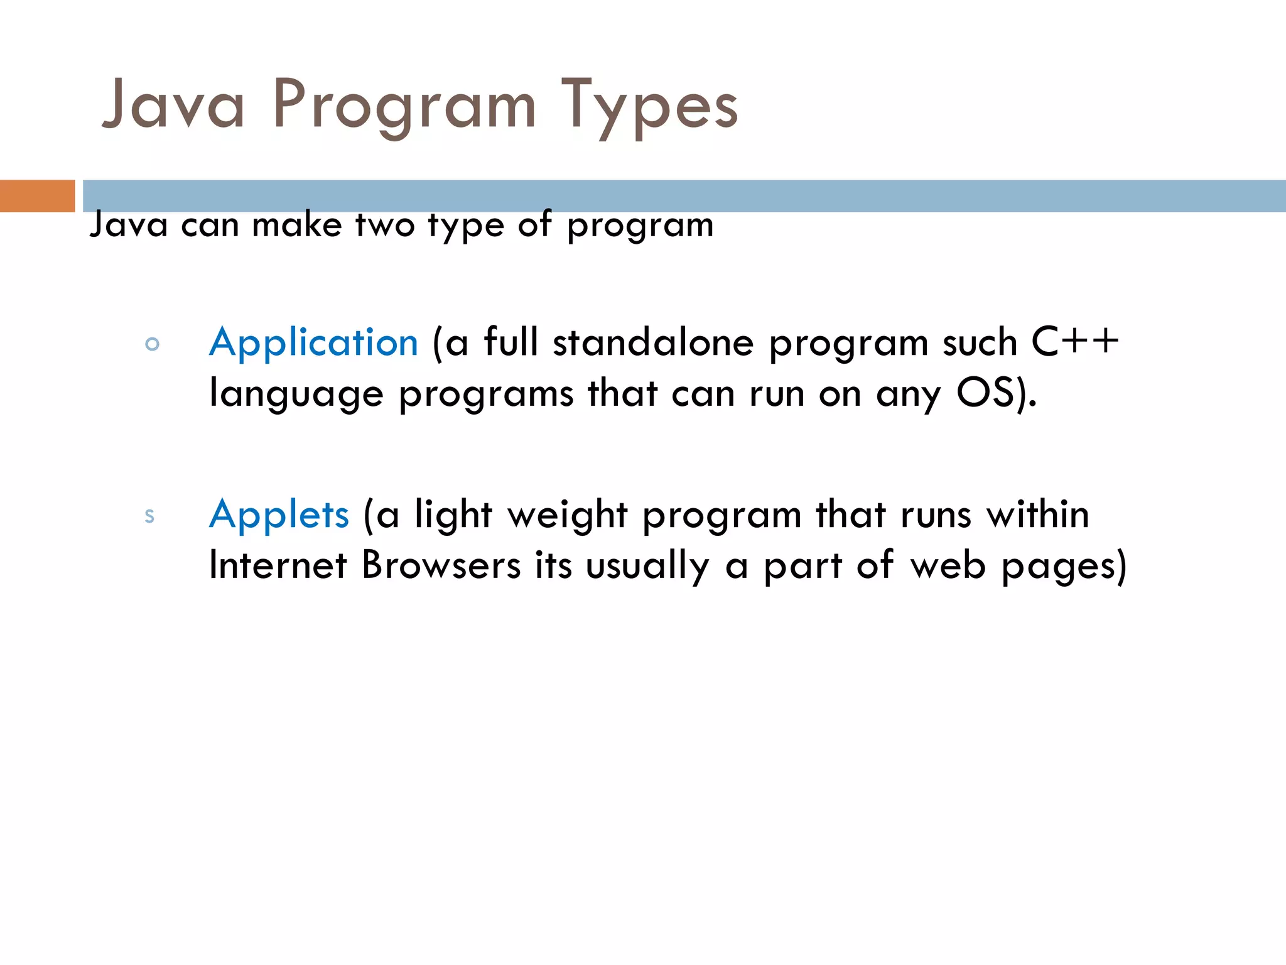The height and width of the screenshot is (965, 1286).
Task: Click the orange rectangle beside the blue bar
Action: pos(37,195)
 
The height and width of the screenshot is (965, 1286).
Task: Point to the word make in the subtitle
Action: pos(297,224)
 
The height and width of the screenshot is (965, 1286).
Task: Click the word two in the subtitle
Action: pos(385,224)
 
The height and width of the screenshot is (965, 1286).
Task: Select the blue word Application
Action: pos(313,343)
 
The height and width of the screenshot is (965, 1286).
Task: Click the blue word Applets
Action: pos(279,515)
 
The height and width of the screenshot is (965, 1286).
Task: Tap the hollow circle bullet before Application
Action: pos(152,344)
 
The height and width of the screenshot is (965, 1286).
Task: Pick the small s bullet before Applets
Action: pos(149,516)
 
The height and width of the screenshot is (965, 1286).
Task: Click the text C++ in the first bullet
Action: pos(1075,342)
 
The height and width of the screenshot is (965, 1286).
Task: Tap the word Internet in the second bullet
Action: pos(278,565)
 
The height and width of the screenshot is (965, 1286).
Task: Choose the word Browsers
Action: pos(441,565)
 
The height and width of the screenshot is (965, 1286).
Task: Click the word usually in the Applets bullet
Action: pos(647,567)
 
